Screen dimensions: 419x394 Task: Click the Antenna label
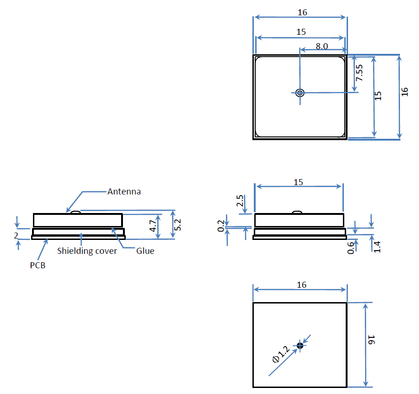click(124, 192)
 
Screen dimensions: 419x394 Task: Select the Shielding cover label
click(87, 251)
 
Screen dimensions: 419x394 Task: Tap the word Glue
click(145, 251)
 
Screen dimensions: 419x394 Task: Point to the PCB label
click(38, 265)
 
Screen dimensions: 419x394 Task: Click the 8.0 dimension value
click(322, 46)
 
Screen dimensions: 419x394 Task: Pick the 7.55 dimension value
click(359, 73)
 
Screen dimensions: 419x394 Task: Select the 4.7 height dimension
click(153, 226)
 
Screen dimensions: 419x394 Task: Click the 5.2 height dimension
click(177, 225)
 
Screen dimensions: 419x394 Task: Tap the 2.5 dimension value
click(240, 201)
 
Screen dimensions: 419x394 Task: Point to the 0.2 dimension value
click(221, 226)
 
